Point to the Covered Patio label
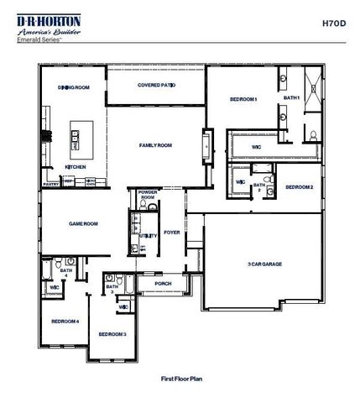click(156, 86)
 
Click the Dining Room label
click(73, 86)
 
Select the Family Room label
click(155, 145)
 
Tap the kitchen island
click(77, 139)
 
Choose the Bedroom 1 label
click(243, 100)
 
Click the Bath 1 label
click(291, 98)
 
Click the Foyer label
click(172, 233)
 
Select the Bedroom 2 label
click(299, 187)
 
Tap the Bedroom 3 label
click(112, 333)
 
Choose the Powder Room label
click(148, 194)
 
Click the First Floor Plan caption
click(182, 379)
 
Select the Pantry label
click(51, 181)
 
